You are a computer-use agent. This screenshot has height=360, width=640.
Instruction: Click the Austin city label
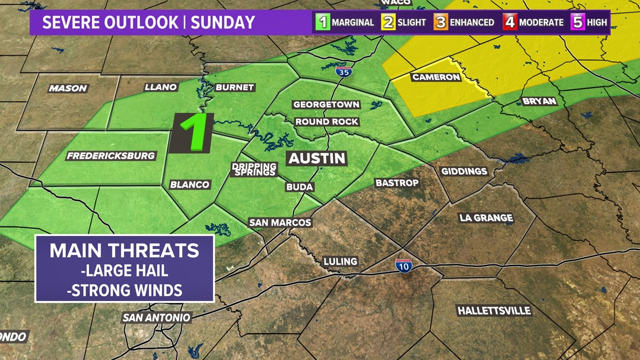pyautogui.click(x=317, y=158)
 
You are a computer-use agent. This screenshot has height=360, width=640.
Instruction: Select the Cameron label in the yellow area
pyautogui.click(x=436, y=77)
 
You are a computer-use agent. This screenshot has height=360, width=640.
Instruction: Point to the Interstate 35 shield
pyautogui.click(x=341, y=71)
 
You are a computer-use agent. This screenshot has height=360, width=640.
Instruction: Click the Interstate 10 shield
pyautogui.click(x=403, y=266)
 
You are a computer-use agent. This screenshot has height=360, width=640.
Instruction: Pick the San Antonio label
pyautogui.click(x=157, y=317)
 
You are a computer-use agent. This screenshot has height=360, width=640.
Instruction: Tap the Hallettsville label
pyautogui.click(x=493, y=311)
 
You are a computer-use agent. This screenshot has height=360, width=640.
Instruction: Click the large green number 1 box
pyautogui.click(x=191, y=133)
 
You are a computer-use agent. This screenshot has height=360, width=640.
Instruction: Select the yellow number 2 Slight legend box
pyautogui.click(x=389, y=23)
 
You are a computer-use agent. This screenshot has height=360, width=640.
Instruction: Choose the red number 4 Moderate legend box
pyautogui.click(x=510, y=23)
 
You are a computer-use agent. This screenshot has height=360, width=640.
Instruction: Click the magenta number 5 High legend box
pyautogui.click(x=578, y=23)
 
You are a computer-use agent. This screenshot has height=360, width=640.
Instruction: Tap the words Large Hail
pyautogui.click(x=125, y=271)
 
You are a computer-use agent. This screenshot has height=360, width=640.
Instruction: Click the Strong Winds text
pyautogui.click(x=125, y=290)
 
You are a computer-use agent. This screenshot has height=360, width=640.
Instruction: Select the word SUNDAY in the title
pyautogui.click(x=223, y=23)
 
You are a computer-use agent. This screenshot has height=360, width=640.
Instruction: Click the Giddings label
pyautogui.click(x=464, y=171)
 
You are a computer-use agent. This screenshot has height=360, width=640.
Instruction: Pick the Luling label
pyautogui.click(x=340, y=261)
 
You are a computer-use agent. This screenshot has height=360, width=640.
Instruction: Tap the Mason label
pyautogui.click(x=68, y=88)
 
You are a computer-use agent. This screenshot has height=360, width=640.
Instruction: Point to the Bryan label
pyautogui.click(x=539, y=101)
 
